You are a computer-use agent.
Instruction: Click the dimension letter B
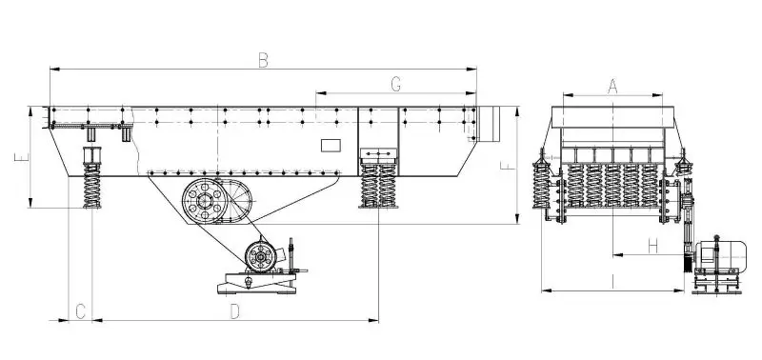263,60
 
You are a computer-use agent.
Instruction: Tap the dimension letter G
396,85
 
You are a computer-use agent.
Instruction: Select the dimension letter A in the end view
612,87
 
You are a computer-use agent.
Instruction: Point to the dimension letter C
81,311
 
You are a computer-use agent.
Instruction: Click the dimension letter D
234,311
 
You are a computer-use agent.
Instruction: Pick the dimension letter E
22,157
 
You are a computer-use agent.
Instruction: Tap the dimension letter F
508,165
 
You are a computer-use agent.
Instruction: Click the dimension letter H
653,246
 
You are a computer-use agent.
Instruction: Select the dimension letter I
613,281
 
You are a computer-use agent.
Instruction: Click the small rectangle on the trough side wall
331,146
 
